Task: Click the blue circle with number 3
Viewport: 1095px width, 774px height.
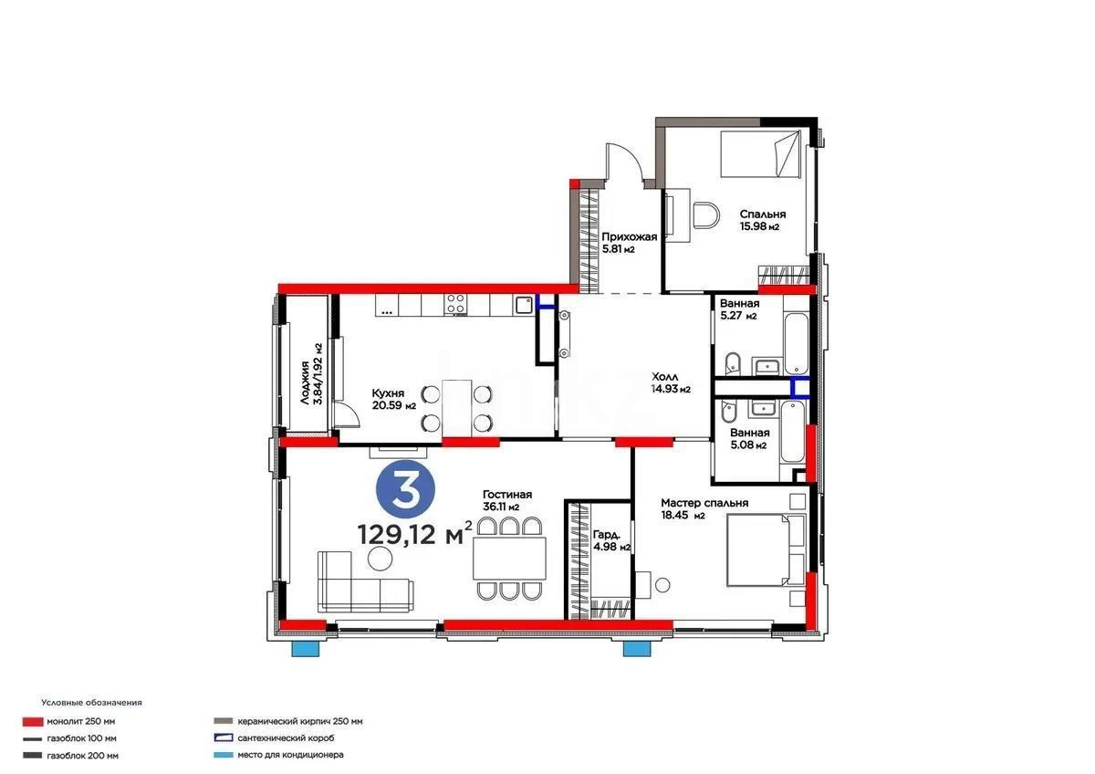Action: pyautogui.click(x=406, y=491)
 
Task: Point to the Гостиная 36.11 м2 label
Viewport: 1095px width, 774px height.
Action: pyautogui.click(x=506, y=500)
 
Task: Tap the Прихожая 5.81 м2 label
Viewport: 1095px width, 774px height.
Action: pyautogui.click(x=629, y=242)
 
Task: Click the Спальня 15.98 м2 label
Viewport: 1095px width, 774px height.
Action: pyautogui.click(x=762, y=220)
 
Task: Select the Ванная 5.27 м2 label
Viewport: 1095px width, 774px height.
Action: pyautogui.click(x=738, y=309)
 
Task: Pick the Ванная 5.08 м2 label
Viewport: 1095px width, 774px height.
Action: pyautogui.click(x=748, y=439)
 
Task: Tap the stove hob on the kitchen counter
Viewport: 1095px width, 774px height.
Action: pyautogui.click(x=455, y=304)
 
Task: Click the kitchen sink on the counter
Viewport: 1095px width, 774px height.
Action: pyautogui.click(x=523, y=304)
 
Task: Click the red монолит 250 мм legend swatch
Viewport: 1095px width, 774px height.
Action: pyautogui.click(x=32, y=721)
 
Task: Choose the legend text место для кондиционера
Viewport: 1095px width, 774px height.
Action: pyautogui.click(x=291, y=755)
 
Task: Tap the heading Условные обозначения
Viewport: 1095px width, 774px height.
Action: pyautogui.click(x=91, y=703)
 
